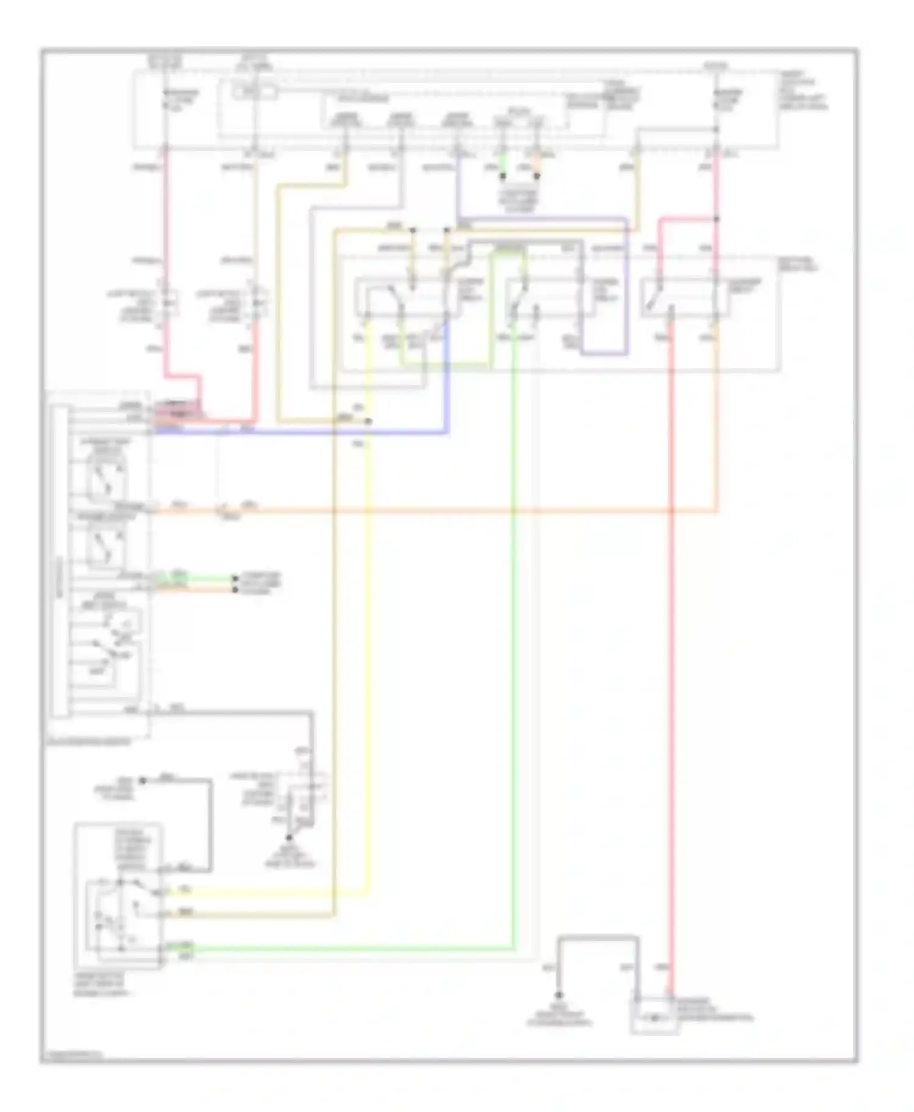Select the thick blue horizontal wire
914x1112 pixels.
pos(305,433)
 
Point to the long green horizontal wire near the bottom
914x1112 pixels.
pos(341,949)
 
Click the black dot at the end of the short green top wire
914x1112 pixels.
pos(503,177)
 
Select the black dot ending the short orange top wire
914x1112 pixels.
pos(537,177)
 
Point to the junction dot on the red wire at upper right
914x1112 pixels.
pos(717,218)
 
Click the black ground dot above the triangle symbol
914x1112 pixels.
pos(289,838)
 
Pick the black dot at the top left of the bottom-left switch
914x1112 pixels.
pos(120,882)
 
